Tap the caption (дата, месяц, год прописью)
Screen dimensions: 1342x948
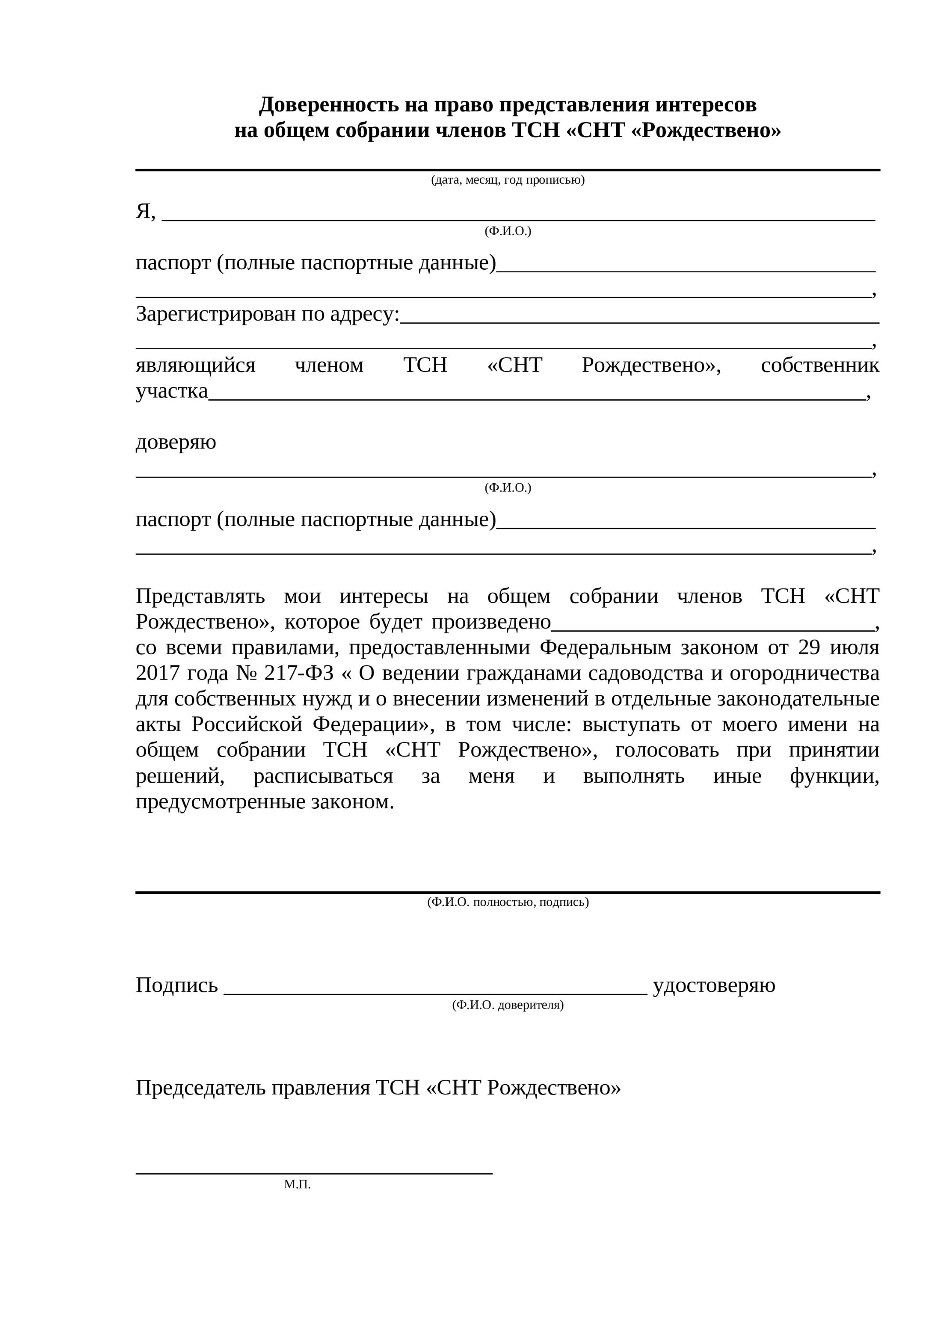click(x=508, y=180)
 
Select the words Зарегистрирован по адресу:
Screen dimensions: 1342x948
click(x=268, y=315)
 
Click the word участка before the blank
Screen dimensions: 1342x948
click(x=172, y=391)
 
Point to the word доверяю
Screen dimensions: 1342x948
click(x=176, y=442)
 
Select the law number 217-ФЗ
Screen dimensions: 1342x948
click(x=299, y=673)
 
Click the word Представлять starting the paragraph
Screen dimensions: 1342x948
click(x=200, y=596)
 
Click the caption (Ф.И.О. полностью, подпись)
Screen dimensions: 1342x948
click(x=508, y=902)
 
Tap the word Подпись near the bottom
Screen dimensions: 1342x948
click(x=176, y=985)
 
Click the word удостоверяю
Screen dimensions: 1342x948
click(x=714, y=985)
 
